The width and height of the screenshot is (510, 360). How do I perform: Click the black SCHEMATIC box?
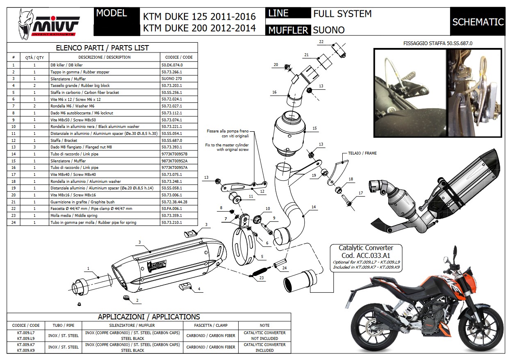coord(478,22)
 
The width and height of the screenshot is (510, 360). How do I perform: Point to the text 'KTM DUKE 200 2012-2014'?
coord(199,28)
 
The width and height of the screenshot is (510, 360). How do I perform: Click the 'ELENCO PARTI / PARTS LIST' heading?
coord(102,48)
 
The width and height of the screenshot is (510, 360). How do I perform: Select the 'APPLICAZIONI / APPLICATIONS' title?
coord(149,317)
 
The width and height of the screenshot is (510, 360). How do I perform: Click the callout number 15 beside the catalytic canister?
coord(314,128)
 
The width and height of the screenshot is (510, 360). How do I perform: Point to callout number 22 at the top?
coord(321,42)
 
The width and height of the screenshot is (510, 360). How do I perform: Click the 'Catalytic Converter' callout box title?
coord(366,248)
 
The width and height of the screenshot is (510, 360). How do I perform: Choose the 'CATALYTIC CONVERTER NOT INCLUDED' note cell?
coord(264,335)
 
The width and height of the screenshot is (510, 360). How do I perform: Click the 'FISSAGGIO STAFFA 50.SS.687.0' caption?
coord(434,43)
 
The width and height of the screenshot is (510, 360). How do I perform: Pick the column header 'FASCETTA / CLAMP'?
coord(211,325)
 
